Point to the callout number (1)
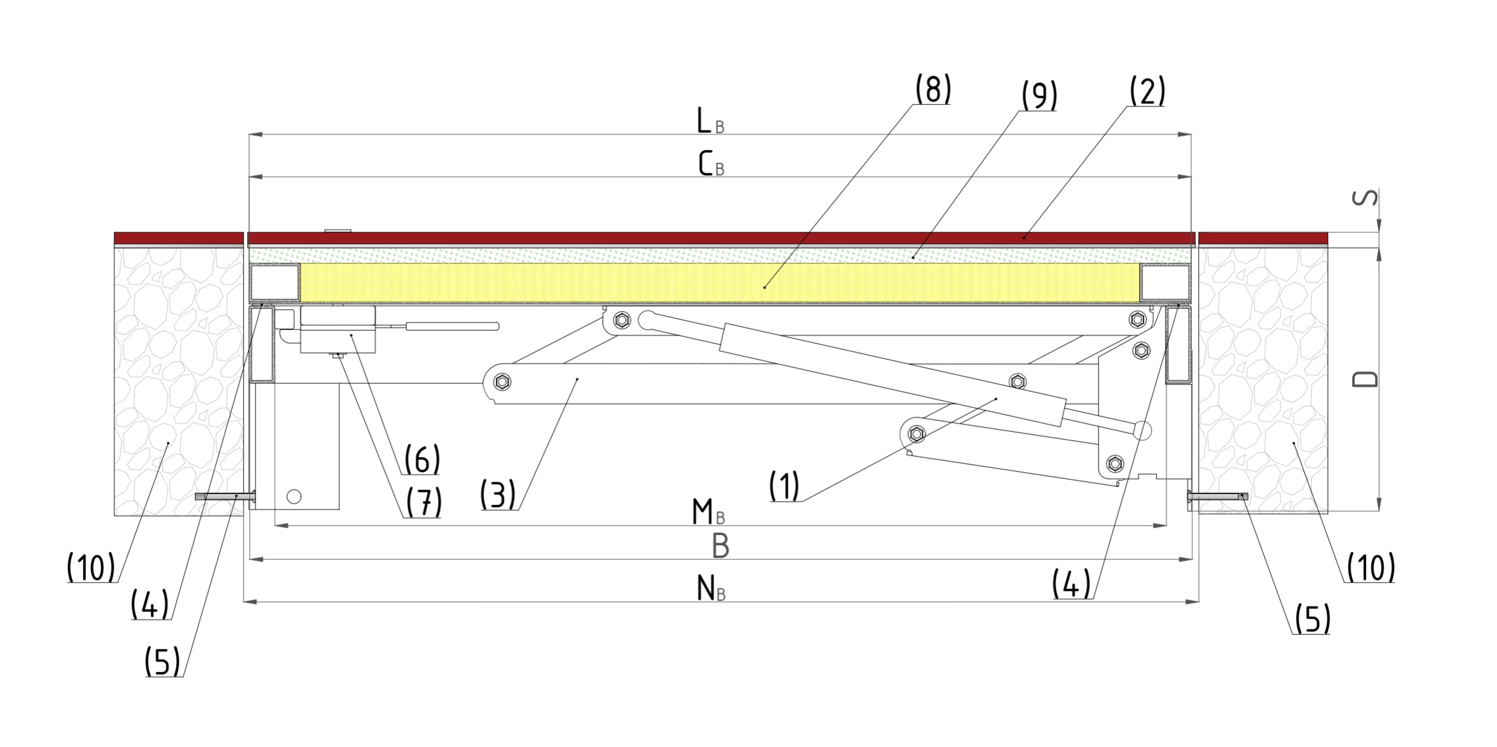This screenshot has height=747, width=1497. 784,486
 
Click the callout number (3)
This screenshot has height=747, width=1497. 498,495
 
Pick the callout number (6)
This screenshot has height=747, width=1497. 422,460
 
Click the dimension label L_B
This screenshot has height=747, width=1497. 710,121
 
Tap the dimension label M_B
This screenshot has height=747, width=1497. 708,513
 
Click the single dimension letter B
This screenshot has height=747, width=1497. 720,546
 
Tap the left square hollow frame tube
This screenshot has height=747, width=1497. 275,282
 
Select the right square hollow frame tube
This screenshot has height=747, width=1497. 1165,282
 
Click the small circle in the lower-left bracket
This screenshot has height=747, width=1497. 294,496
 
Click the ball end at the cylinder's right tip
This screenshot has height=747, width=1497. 1142,430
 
